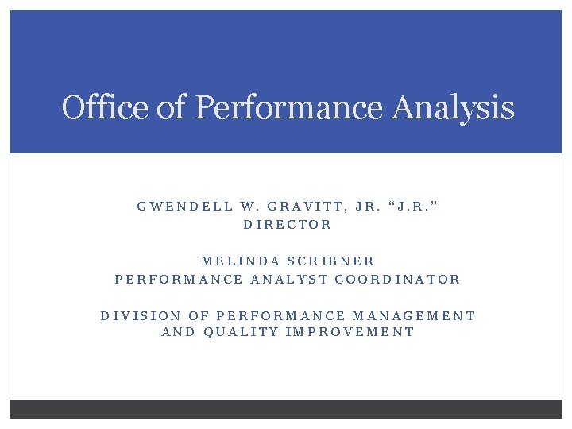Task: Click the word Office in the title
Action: point(106,107)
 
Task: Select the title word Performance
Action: point(289,107)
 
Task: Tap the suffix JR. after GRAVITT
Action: point(369,206)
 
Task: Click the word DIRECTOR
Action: point(288,225)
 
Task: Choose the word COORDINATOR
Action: point(398,280)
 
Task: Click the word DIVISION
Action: point(140,315)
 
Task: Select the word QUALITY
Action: point(242,332)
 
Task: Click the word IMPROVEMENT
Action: point(350,332)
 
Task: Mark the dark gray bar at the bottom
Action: point(286,408)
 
